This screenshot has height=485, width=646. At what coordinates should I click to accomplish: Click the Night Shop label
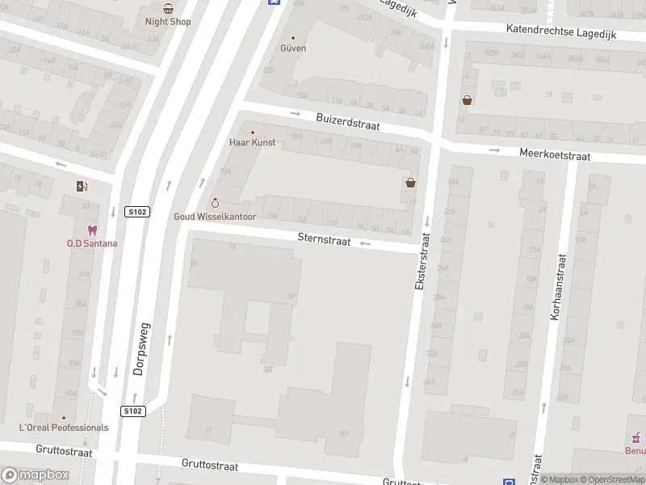[168, 22]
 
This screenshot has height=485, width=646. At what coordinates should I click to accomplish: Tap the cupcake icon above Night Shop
[168, 8]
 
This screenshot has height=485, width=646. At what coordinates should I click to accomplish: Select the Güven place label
[293, 48]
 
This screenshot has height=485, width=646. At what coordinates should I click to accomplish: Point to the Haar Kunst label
[252, 142]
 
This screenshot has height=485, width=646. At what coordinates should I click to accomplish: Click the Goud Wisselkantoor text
[215, 217]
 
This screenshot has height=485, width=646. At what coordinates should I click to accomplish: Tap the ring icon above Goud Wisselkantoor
[215, 202]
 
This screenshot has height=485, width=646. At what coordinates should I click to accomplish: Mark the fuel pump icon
[82, 187]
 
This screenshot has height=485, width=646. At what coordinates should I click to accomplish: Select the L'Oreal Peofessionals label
[64, 427]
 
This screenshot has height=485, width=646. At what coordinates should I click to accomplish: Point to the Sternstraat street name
[324, 238]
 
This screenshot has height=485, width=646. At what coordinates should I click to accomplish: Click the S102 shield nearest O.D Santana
[136, 212]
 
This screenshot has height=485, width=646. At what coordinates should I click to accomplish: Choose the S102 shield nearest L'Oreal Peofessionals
[133, 411]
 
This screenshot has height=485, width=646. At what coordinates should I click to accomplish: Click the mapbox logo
[36, 475]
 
